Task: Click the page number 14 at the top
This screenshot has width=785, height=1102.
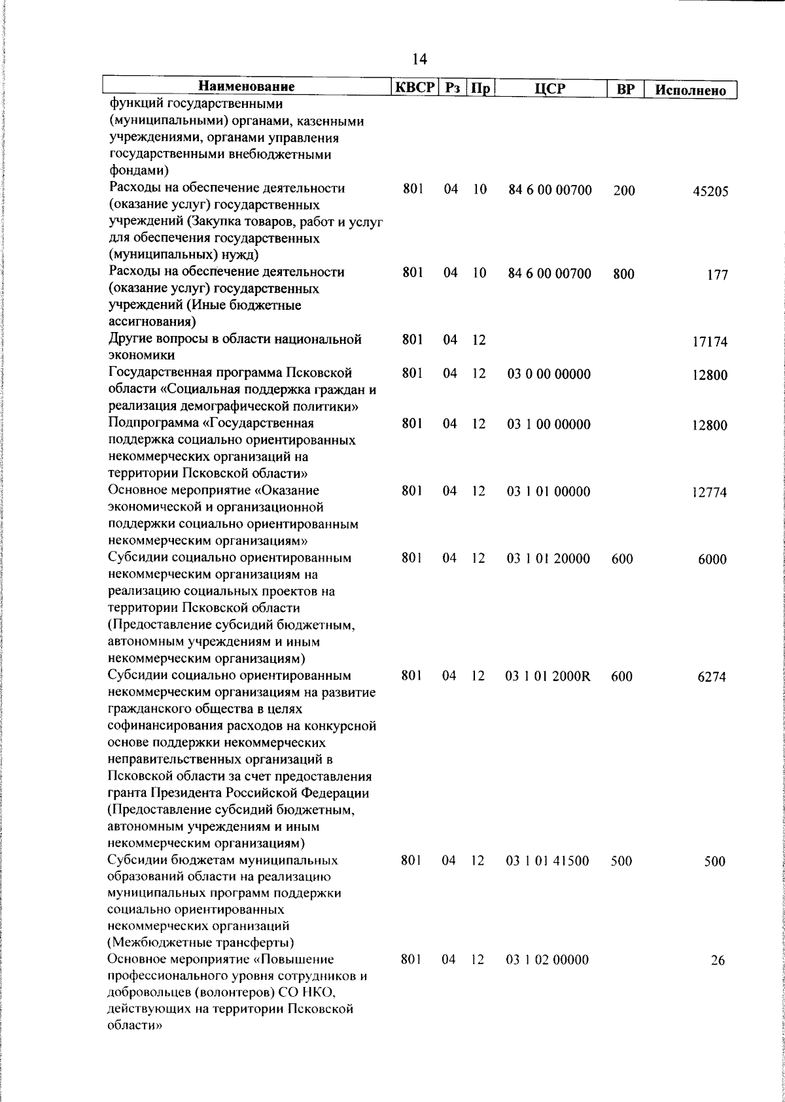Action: (419, 60)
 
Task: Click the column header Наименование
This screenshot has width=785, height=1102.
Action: (247, 87)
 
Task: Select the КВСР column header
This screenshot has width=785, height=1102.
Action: (413, 87)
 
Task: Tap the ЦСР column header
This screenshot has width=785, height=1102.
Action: (549, 88)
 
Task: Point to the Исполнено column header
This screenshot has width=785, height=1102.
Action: (691, 90)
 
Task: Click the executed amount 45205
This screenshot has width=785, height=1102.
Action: (710, 192)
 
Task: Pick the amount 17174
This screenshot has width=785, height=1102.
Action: (710, 342)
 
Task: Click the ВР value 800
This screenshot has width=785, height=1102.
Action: (623, 275)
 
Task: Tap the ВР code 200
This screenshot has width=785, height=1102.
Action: (624, 191)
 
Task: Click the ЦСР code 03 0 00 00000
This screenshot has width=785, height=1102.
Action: (549, 375)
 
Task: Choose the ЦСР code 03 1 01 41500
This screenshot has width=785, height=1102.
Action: (548, 861)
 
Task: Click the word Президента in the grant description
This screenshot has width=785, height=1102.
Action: (211, 793)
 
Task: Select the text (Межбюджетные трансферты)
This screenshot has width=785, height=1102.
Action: (200, 943)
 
